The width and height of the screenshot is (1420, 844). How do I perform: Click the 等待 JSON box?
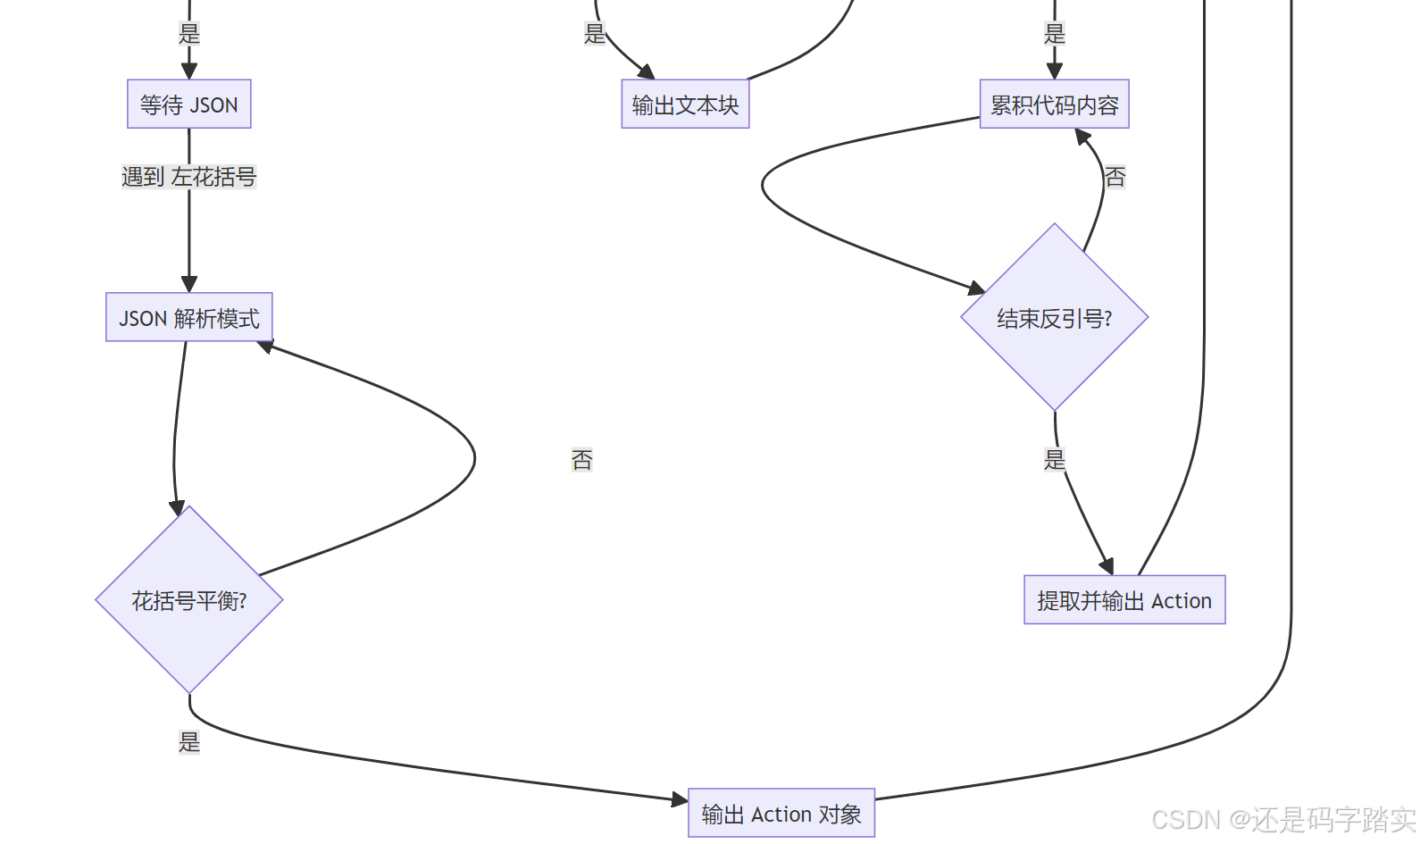point(188,104)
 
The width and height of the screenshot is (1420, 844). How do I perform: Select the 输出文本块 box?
point(685,104)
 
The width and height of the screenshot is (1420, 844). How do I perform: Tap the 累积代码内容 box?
point(1054,104)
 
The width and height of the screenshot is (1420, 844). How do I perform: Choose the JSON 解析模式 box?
point(189,318)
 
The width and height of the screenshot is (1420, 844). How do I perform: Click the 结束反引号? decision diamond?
point(1054,318)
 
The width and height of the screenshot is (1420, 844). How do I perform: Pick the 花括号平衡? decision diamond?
point(189,600)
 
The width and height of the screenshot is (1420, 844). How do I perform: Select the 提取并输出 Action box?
point(1124,600)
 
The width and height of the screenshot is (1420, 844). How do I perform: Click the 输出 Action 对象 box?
point(781,814)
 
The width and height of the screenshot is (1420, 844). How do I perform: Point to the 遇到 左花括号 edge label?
point(188,177)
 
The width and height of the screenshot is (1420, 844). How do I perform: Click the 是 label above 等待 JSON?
point(189,34)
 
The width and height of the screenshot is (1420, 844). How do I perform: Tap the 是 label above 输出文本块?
point(595,34)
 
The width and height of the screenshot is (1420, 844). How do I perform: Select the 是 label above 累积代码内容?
point(1055,34)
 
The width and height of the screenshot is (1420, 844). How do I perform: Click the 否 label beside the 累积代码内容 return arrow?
point(1115,177)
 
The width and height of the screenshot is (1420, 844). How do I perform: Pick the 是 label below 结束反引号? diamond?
point(1055,459)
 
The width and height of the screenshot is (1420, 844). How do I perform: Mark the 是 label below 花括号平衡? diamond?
point(189,741)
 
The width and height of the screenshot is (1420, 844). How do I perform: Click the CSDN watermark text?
point(1283,819)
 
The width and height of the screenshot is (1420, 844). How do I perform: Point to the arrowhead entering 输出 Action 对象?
point(680,799)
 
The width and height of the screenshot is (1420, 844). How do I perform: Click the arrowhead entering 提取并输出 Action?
point(1107,566)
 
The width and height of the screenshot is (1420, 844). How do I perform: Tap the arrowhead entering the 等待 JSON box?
point(189,71)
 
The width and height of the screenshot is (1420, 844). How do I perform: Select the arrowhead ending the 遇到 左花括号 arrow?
point(189,284)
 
